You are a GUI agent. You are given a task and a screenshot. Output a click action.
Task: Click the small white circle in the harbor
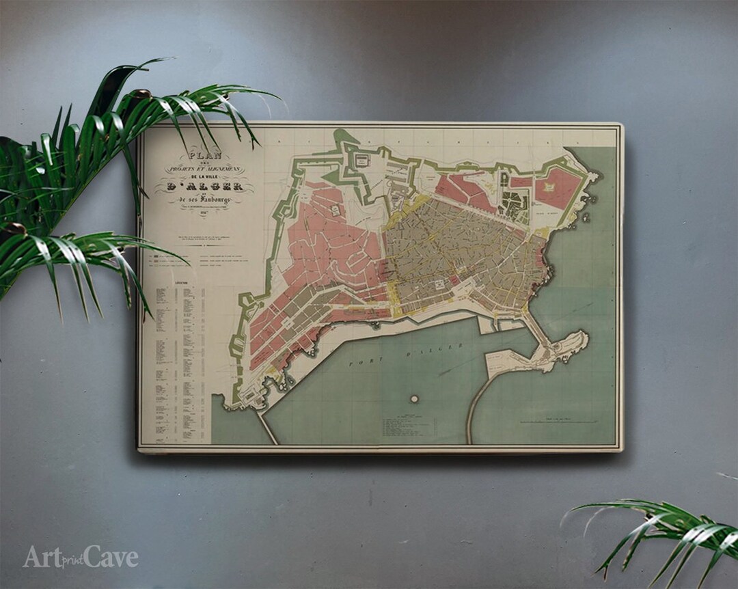pos(414,398)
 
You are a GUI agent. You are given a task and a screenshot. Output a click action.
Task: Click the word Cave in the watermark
pos(111,558)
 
